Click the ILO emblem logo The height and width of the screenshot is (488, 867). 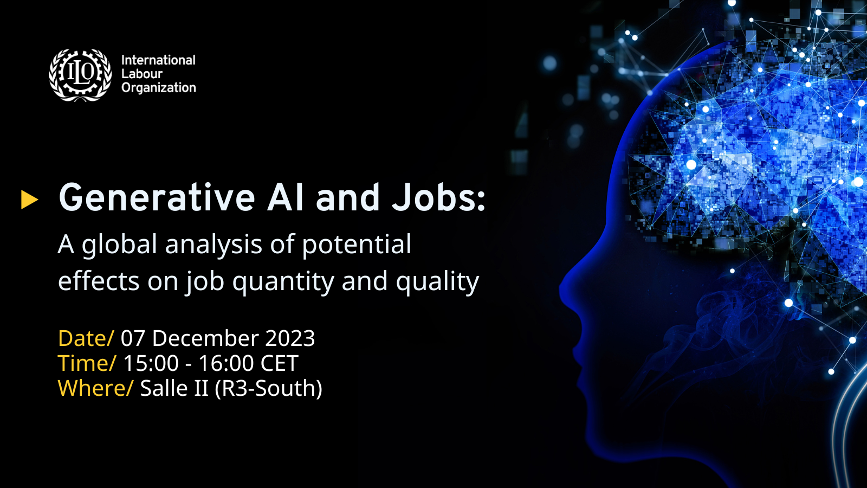coord(80,75)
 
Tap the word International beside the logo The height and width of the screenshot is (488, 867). coord(158,60)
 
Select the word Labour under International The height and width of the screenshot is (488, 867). coord(141,74)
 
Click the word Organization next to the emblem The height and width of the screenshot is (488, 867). coord(159,88)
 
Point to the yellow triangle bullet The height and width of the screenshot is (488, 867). coord(29,200)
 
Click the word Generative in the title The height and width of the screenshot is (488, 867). coord(157,197)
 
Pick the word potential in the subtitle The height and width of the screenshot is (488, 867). coord(357,245)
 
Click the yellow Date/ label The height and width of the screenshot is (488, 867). coord(86,338)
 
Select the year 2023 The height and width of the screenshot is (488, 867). coord(290,338)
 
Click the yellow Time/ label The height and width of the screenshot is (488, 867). coord(87,363)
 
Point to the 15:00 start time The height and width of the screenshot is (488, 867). coord(151,363)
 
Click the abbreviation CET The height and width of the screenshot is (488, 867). coord(279,363)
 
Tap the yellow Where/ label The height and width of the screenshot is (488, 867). coord(95,388)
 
